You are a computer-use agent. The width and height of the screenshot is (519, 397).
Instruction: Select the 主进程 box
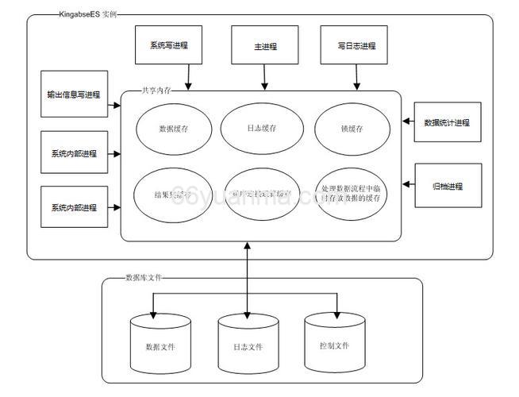[265, 46]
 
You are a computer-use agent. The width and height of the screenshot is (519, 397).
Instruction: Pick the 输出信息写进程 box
[73, 94]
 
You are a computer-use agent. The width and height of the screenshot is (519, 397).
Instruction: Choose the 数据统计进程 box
[447, 122]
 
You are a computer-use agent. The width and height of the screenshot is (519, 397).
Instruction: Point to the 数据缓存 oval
[173, 127]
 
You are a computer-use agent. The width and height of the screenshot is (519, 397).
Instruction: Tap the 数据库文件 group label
[146, 278]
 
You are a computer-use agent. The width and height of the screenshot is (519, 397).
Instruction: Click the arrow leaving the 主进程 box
[265, 77]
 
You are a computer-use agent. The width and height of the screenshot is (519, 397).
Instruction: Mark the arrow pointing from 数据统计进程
[409, 121]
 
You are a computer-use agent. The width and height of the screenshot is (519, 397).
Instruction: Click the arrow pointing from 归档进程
[409, 185]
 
